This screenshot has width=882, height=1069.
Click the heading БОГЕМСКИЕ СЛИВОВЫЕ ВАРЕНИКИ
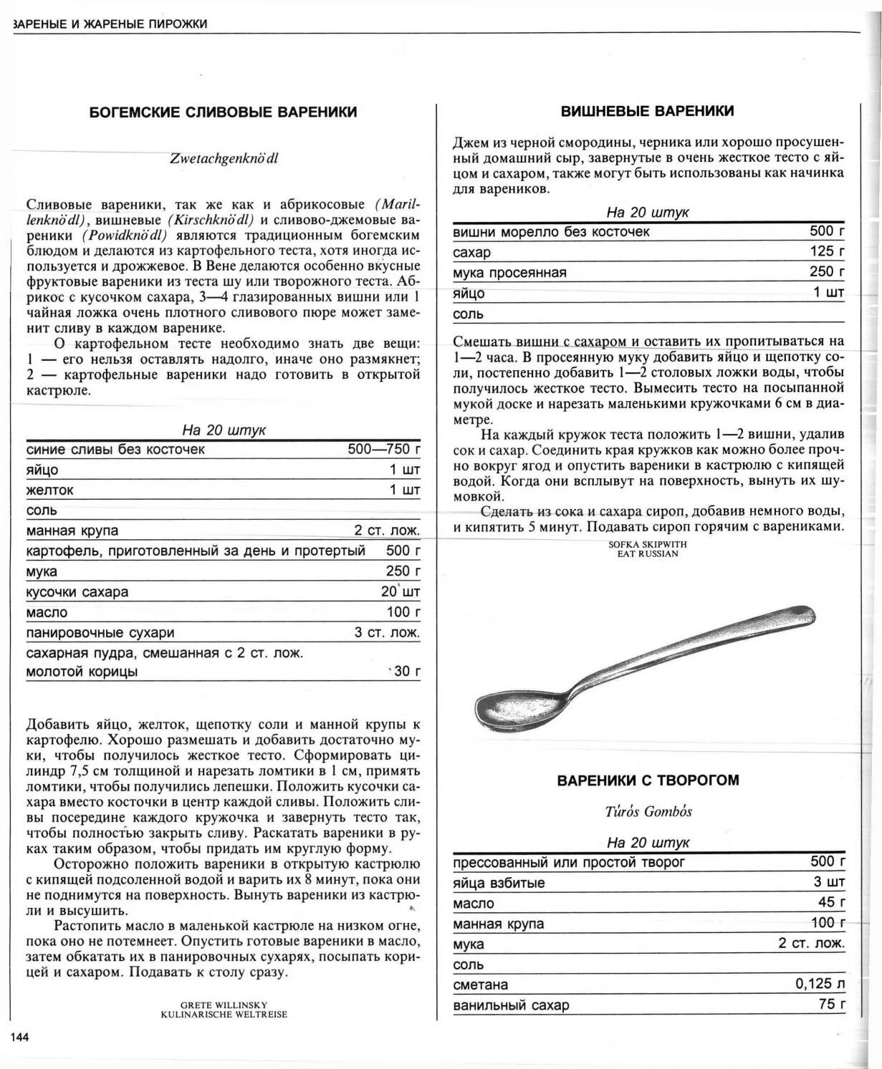[223, 112]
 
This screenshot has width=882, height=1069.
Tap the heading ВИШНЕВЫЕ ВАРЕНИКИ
[647, 111]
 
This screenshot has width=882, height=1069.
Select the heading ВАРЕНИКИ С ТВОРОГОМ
[648, 780]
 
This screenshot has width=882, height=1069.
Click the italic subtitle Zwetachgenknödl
[224, 159]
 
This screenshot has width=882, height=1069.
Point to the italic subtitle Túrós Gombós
[648, 811]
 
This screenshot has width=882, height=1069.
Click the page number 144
[19, 1037]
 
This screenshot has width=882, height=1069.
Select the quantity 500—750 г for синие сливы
[383, 449]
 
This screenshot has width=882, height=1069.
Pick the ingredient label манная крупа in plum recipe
[72, 531]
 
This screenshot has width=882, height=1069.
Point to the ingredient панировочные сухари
[100, 633]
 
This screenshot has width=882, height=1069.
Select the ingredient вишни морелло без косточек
[551, 232]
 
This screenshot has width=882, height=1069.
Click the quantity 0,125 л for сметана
[820, 984]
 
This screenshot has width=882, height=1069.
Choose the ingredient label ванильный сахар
[511, 1005]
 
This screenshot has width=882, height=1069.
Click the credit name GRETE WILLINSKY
[224, 1005]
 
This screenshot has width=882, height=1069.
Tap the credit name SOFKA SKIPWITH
[647, 544]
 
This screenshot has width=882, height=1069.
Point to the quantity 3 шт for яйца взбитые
[829, 882]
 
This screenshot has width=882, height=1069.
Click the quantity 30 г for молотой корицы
[406, 671]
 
